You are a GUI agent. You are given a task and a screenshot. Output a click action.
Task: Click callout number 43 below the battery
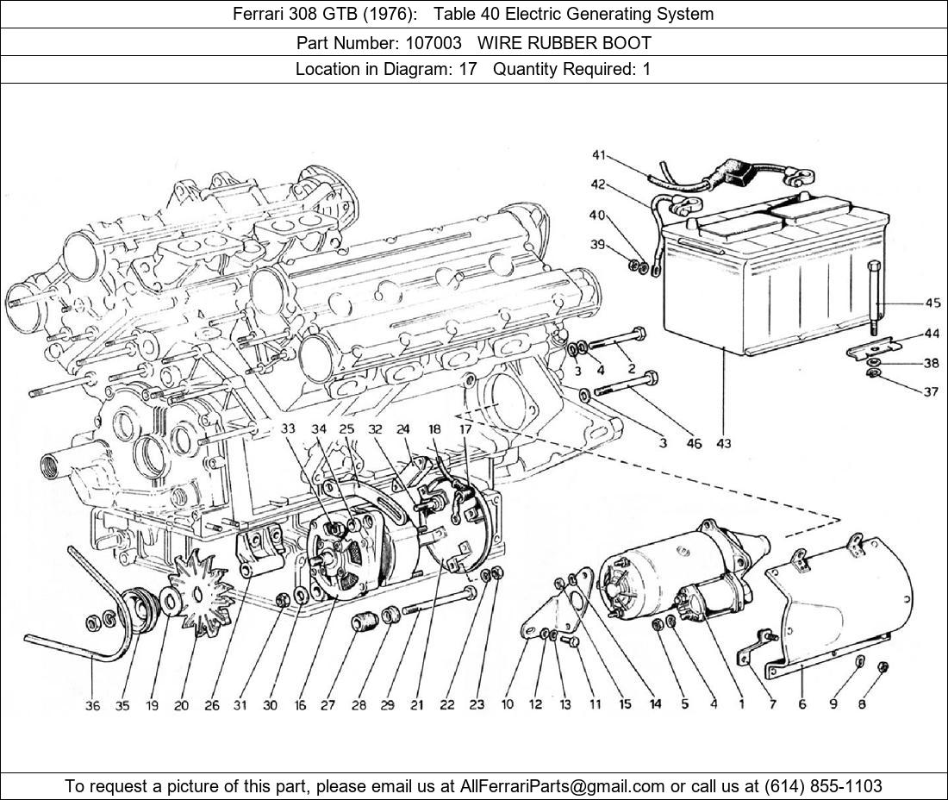pos(724,443)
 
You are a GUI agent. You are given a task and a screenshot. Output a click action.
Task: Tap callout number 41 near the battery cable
pos(598,155)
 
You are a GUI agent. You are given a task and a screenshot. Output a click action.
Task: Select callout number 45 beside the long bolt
pos(932,303)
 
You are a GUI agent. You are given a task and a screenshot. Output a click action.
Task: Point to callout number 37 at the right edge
pos(931,391)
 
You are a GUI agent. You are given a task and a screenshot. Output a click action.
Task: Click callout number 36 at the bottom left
pos(92,705)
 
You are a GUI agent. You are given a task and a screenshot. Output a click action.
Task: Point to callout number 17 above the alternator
pos(465,428)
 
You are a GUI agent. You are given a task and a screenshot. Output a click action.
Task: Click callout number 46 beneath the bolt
pos(695,443)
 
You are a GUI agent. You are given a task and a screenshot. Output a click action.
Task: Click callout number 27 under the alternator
pos(327,705)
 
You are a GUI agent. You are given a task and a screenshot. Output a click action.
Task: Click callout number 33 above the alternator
pos(287,428)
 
